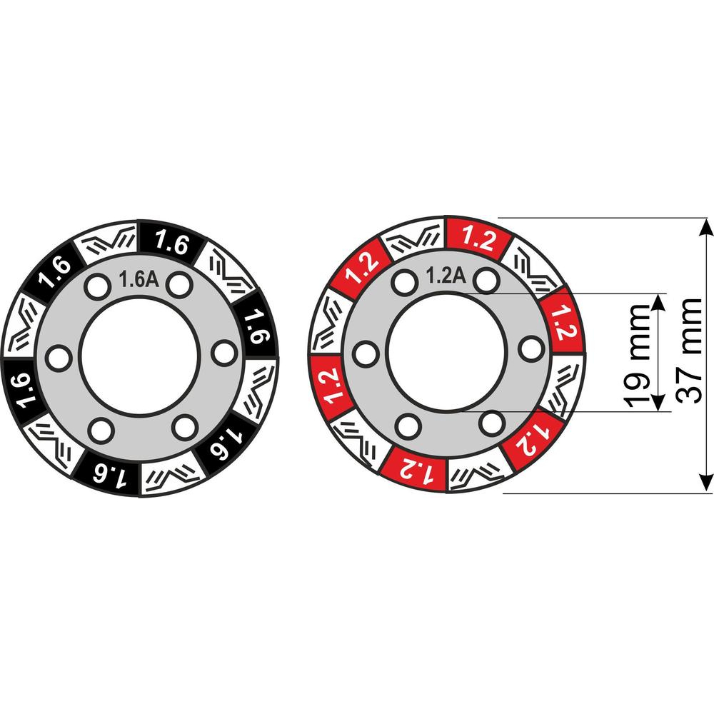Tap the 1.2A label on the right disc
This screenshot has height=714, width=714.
446,275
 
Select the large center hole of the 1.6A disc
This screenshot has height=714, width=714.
139,356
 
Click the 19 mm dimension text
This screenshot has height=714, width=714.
637,356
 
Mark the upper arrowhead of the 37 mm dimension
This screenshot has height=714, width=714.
706,227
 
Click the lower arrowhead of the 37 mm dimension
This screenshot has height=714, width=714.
706,483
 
